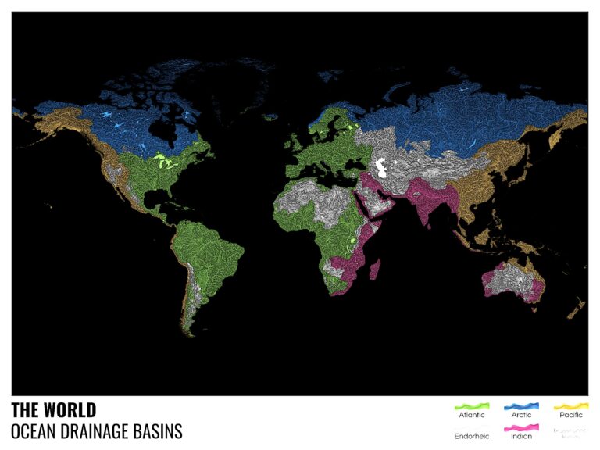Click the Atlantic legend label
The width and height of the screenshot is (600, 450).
click(471, 415)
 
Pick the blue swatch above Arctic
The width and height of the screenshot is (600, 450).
click(520, 406)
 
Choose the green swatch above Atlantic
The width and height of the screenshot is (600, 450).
click(471, 406)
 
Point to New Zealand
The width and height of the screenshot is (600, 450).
click(577, 309)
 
